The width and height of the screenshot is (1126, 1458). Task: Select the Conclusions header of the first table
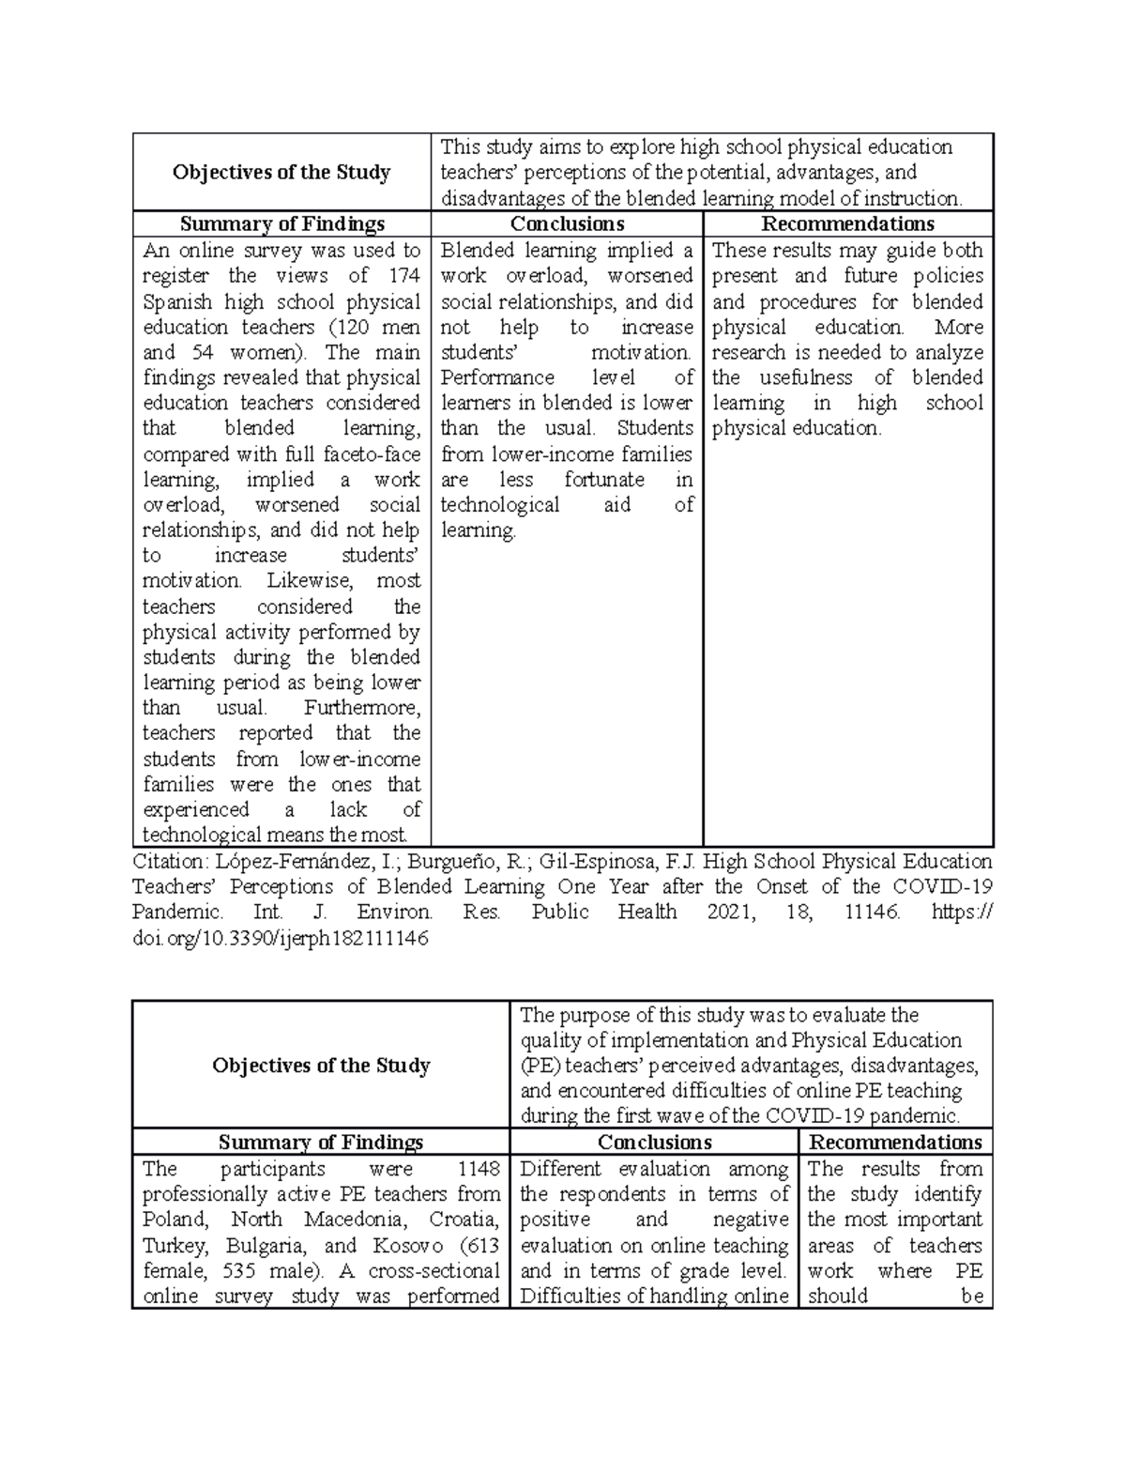click(x=567, y=223)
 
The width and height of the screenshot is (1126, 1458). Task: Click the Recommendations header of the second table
click(x=895, y=1142)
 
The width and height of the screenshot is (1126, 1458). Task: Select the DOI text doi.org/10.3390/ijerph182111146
click(x=280, y=938)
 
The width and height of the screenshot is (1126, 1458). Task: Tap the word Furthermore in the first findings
click(x=362, y=708)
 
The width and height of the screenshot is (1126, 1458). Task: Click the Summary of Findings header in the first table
click(x=282, y=223)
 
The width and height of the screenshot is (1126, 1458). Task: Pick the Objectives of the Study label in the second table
click(x=321, y=1066)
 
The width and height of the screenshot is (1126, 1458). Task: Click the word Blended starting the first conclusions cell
click(x=478, y=251)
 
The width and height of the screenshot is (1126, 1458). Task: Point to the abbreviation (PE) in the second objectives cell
click(x=540, y=1066)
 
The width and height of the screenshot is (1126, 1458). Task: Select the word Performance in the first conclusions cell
click(x=497, y=377)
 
